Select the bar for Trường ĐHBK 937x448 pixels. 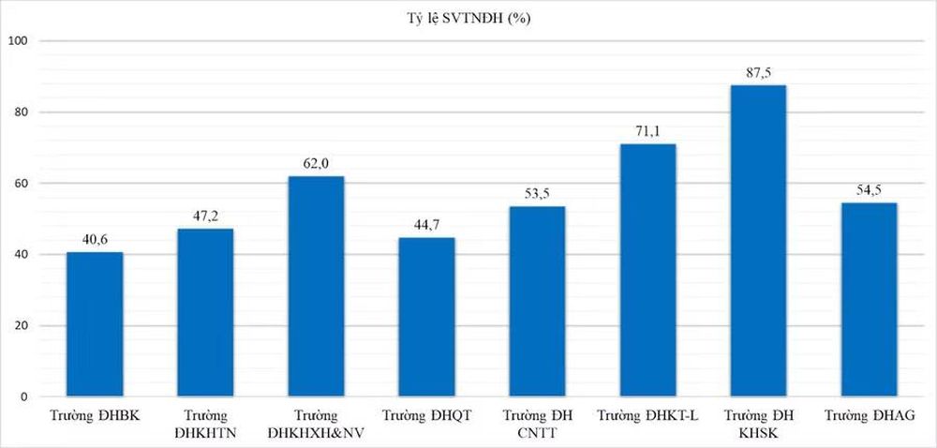(95, 324)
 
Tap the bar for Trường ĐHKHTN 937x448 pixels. (205, 312)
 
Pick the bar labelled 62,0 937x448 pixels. (316, 286)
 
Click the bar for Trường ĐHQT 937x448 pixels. (426, 317)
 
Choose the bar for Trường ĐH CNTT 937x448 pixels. (537, 302)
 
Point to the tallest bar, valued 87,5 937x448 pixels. (758, 241)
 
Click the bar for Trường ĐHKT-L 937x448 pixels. (647, 270)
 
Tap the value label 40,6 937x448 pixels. (95, 240)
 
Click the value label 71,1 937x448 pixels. (647, 132)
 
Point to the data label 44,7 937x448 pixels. (426, 226)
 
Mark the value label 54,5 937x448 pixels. (869, 191)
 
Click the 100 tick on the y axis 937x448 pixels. (22, 40)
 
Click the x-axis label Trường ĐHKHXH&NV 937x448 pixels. (316, 423)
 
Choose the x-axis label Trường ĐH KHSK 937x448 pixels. (758, 423)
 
